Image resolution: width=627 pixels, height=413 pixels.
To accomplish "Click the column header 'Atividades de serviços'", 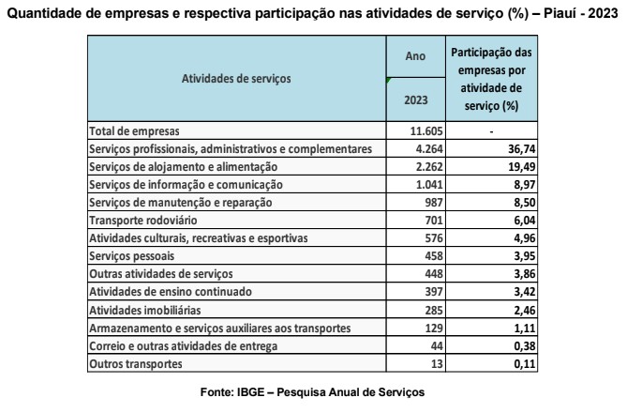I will coord(235,79).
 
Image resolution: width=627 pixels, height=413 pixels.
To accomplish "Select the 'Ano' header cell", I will coord(414,57).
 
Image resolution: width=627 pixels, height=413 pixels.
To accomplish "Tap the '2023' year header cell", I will coord(414,99).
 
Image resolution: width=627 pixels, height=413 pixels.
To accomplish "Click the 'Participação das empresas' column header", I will coord(492,79).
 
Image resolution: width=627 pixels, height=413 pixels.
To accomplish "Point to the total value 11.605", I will coord(414,131).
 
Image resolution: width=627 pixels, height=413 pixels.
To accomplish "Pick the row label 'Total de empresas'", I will coord(133,131).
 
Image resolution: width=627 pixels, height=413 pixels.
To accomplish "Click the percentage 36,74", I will coord(511,149).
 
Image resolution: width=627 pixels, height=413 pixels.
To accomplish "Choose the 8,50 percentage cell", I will coord(511,203).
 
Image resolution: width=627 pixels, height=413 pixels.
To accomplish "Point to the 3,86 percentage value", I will coord(511,274).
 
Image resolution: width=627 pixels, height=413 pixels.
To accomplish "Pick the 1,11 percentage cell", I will coord(511,327).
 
